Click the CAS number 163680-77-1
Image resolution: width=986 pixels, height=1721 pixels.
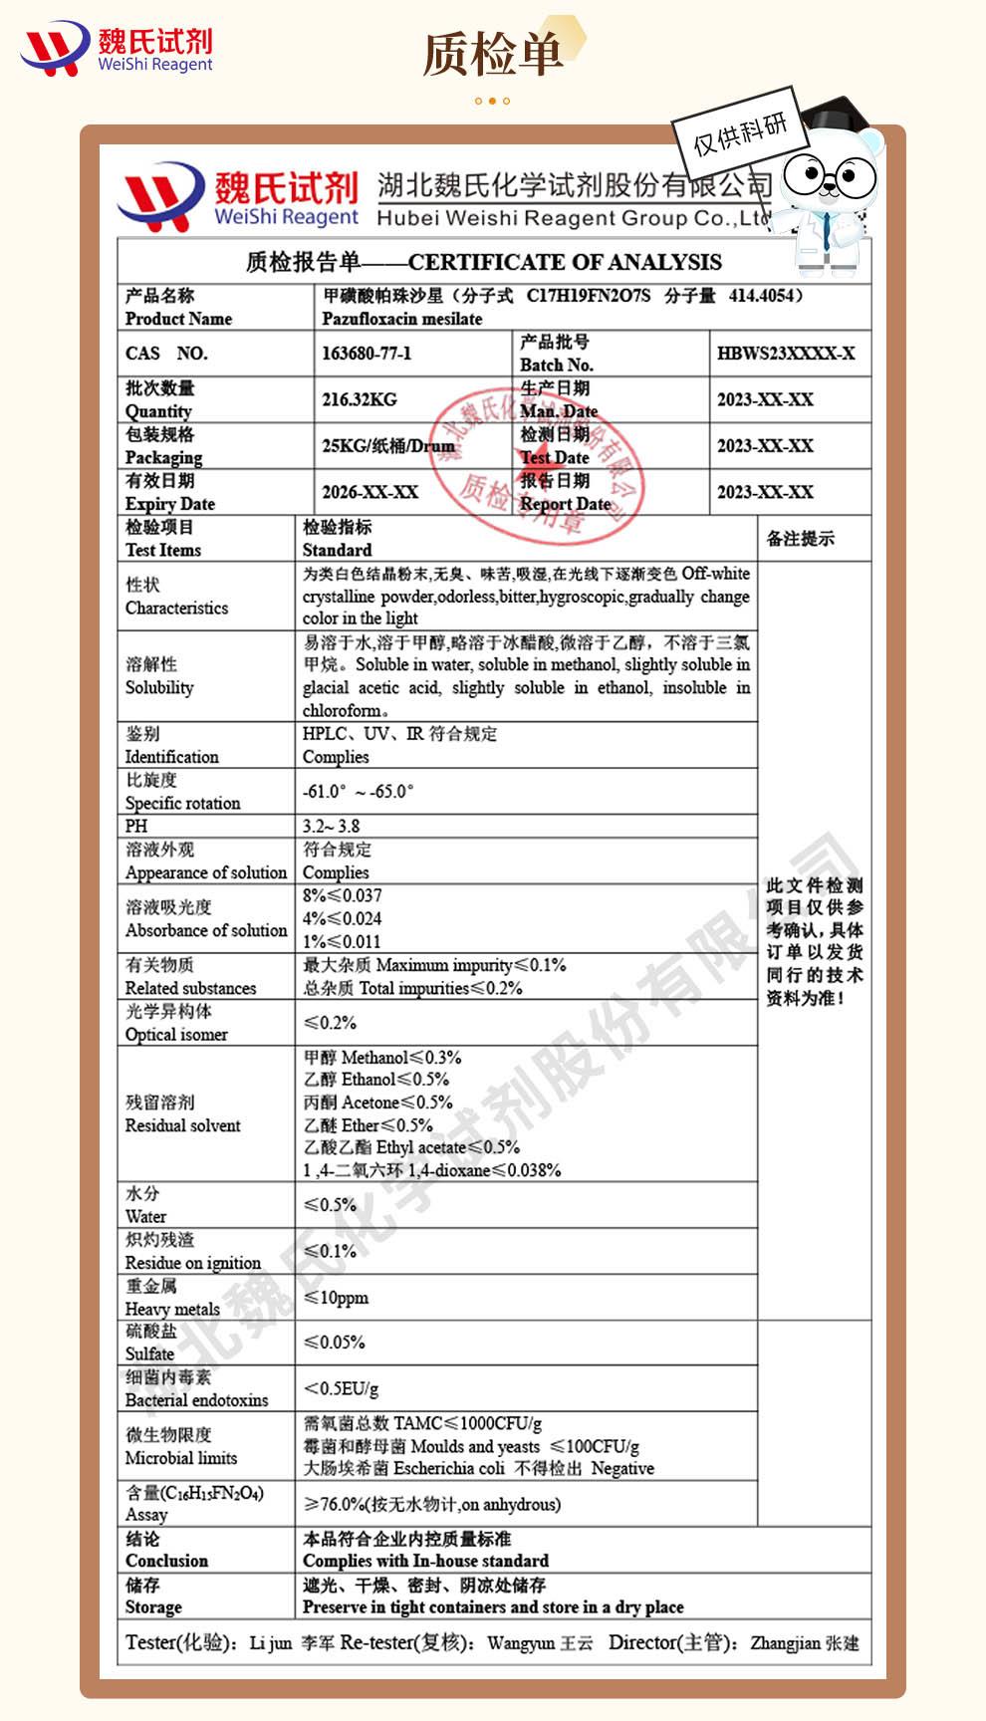tap(367, 354)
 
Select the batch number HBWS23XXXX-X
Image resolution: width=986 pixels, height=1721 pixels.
tap(786, 354)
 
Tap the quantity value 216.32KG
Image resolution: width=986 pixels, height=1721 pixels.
tap(359, 399)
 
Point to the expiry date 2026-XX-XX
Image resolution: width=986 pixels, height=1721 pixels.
tap(370, 492)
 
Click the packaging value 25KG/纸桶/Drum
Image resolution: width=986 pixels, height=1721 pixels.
tap(387, 446)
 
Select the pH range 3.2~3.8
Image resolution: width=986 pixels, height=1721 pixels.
tap(331, 826)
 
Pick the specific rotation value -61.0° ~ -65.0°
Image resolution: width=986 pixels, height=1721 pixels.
tap(358, 792)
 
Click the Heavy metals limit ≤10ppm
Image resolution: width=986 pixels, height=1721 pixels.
tap(336, 1297)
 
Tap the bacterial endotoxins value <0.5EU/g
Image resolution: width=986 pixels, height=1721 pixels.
tap(341, 1388)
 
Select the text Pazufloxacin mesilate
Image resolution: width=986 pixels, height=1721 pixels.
tap(401, 319)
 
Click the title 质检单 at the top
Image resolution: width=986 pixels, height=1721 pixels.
tap(492, 54)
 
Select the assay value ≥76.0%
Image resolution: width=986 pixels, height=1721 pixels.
tap(334, 1504)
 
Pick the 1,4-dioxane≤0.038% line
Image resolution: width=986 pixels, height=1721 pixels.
tap(431, 1170)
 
